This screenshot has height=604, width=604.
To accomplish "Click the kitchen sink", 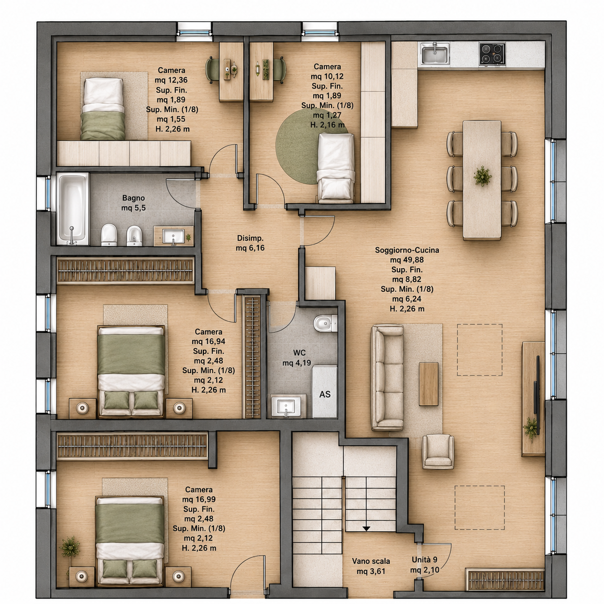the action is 435,53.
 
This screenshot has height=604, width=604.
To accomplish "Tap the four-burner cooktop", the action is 492,54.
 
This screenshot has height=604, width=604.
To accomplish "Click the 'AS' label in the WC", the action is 325,394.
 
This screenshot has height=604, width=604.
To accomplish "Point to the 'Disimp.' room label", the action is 250,238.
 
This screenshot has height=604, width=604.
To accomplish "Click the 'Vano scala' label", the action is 371,561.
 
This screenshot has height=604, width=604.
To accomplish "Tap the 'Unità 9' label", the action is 424,560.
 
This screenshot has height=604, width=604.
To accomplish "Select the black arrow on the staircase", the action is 366,528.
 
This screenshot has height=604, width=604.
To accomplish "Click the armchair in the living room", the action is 438,451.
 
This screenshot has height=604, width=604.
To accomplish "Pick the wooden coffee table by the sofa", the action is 429,384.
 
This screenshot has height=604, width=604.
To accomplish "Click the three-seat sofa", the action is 387,378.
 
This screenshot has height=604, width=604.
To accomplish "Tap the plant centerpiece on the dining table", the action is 483,176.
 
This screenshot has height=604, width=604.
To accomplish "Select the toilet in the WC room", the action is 325,324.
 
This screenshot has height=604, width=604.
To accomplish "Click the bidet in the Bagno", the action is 134,236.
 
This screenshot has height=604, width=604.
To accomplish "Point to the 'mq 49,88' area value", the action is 407,260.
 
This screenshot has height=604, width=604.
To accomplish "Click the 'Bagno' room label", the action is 133,198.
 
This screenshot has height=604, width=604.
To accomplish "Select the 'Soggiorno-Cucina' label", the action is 407,250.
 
